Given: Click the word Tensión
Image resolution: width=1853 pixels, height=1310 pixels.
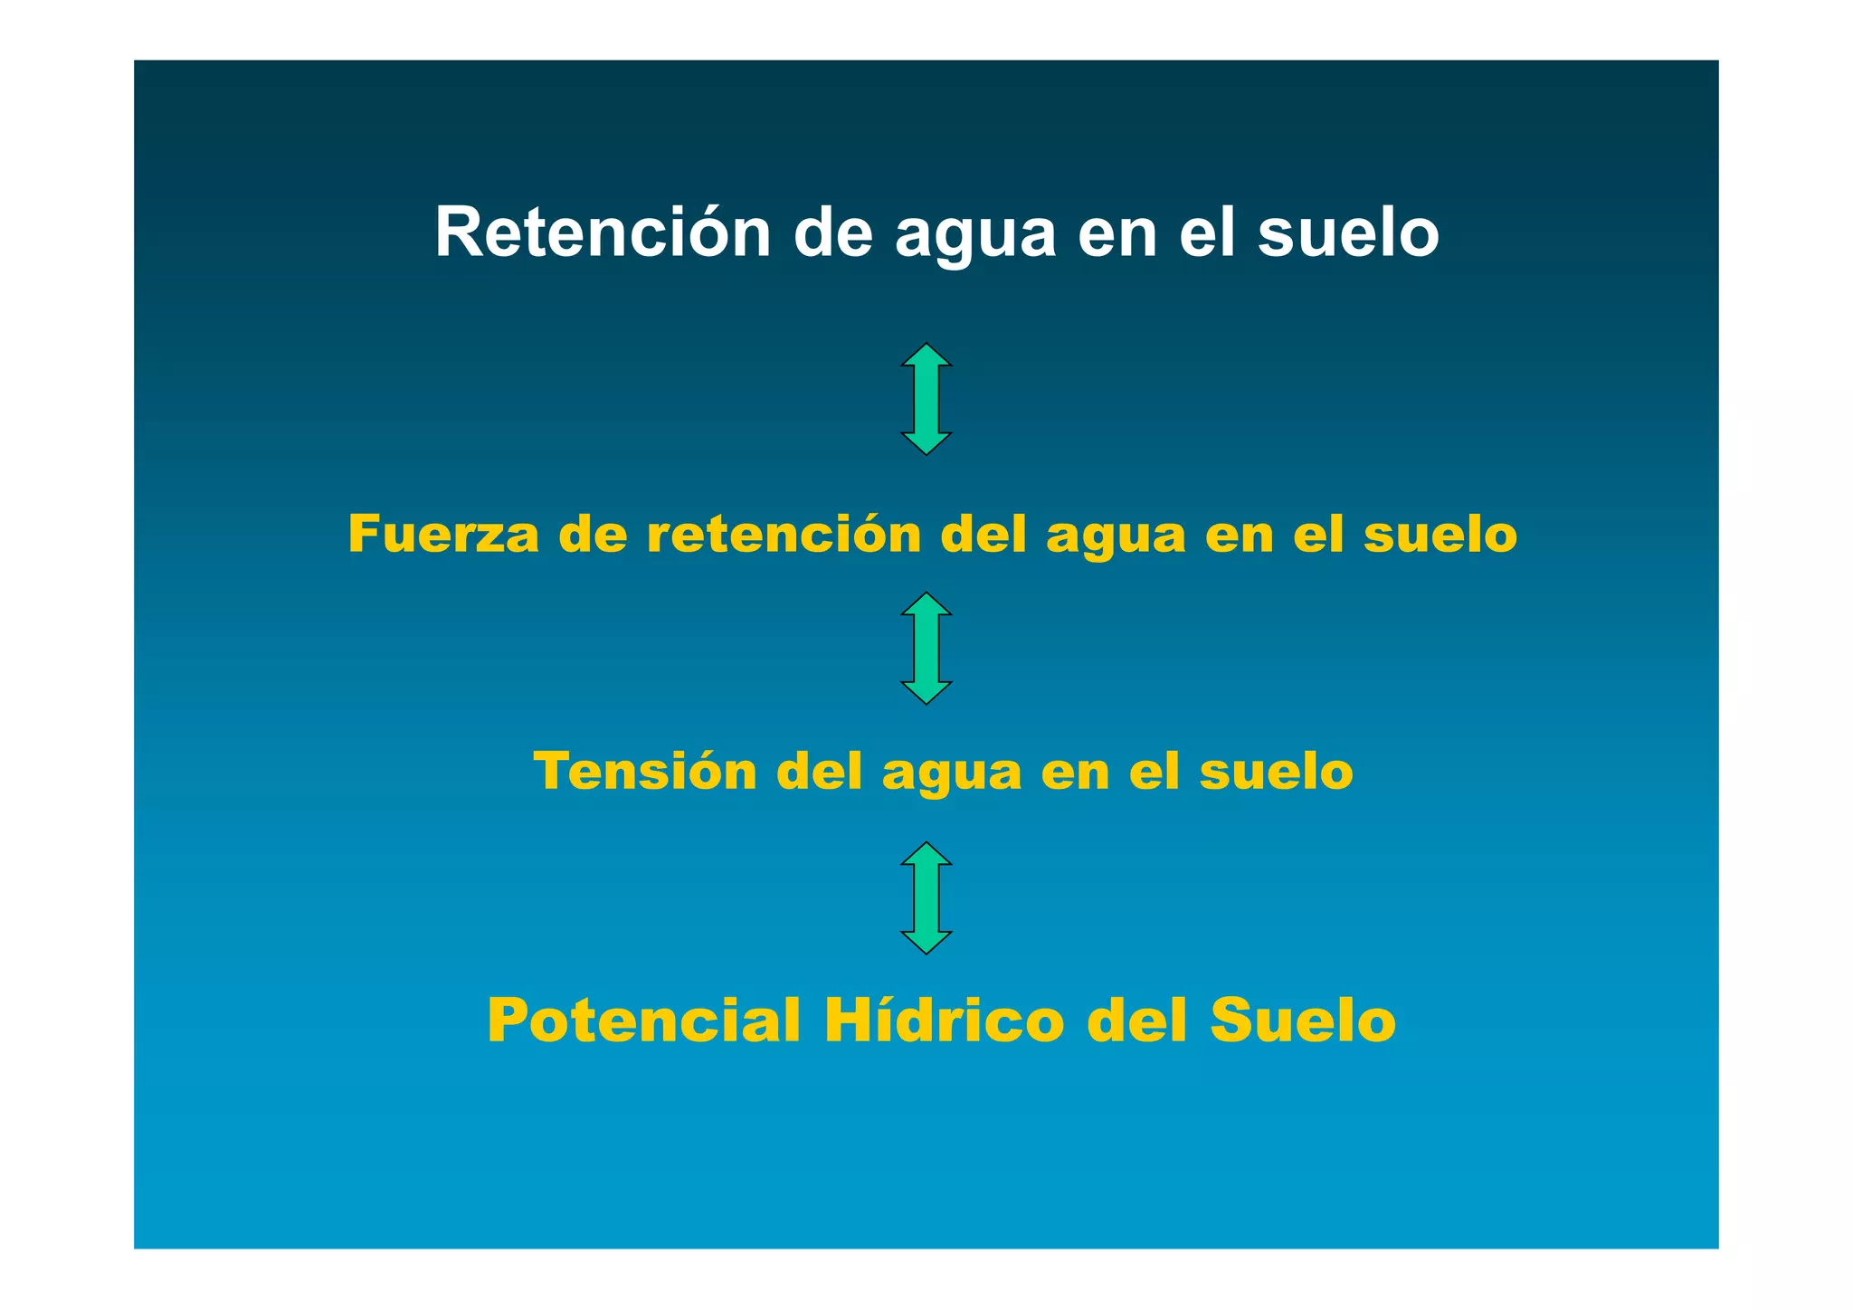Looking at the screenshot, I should [645, 771].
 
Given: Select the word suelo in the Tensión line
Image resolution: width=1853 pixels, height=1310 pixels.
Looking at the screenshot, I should [1276, 771].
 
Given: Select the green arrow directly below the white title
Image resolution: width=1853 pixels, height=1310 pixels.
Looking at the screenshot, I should [926, 399].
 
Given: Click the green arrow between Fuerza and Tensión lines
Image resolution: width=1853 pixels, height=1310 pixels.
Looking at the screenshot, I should [926, 648].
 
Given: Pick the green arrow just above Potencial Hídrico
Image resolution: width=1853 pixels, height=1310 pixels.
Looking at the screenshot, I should [926, 897].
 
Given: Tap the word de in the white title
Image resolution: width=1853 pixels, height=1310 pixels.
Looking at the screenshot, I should [832, 233].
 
